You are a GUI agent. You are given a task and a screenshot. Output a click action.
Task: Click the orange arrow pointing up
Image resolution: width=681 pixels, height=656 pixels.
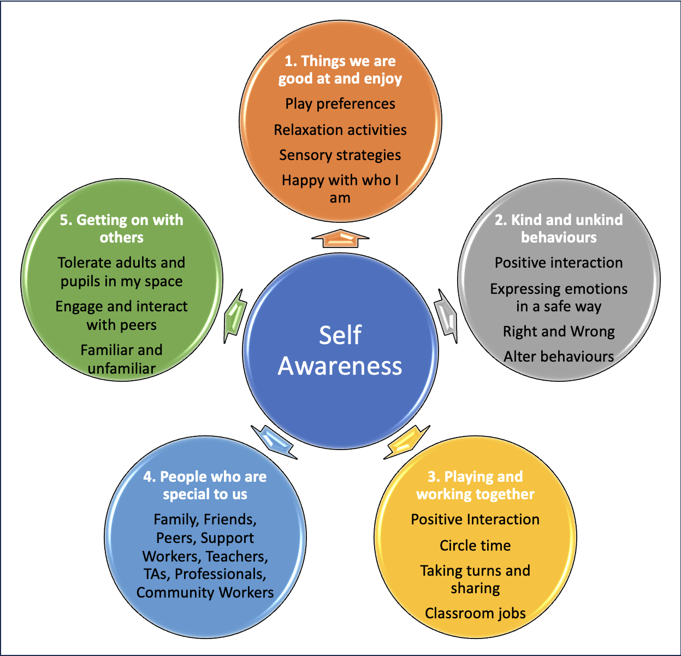point(340,238)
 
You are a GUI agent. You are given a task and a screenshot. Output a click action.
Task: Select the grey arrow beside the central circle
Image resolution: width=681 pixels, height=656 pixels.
point(447,315)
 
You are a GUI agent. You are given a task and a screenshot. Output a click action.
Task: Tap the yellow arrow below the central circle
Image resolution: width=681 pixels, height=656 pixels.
point(406,442)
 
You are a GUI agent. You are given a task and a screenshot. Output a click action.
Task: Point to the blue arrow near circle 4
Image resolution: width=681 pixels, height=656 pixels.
point(274,442)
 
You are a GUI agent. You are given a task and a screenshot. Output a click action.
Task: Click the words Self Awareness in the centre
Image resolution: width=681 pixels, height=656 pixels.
point(340,350)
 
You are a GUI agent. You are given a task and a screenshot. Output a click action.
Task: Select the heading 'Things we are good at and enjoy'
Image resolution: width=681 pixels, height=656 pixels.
point(340,69)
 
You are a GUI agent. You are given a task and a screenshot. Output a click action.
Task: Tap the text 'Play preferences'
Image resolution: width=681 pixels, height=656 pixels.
point(340,104)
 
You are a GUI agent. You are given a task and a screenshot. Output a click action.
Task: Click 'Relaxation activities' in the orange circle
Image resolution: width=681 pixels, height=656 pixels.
point(340,130)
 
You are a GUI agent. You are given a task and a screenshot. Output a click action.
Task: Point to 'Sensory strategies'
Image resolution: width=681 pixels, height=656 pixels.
point(340,155)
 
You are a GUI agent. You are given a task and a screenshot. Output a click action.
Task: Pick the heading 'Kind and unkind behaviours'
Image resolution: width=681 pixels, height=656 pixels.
point(559,228)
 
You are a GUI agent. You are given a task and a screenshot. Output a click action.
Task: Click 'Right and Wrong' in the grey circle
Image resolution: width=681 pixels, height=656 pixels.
point(559,332)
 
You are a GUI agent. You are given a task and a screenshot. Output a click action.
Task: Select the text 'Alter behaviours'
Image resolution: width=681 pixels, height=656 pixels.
point(559,357)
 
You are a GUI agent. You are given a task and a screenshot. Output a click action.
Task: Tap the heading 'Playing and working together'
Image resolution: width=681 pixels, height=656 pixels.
point(475,485)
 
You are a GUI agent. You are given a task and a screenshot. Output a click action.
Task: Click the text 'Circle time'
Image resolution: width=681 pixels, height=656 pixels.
point(475,545)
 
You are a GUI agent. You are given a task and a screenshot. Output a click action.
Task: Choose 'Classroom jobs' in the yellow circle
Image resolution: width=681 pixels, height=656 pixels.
point(475,613)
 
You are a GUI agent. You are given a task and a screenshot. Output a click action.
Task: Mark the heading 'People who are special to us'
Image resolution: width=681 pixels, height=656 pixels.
point(205,485)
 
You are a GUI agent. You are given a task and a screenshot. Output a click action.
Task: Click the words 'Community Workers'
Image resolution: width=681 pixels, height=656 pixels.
point(205,593)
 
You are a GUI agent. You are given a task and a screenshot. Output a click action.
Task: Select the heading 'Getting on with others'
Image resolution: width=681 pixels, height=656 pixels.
point(121,228)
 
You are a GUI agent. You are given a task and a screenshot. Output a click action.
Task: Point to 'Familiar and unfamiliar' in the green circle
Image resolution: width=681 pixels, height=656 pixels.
point(121,359)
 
